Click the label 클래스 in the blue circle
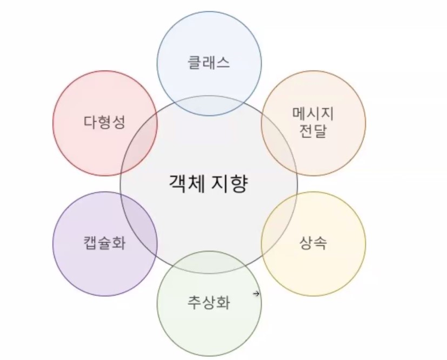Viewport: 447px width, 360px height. coord(209,62)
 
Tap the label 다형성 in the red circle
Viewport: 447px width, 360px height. coord(104,122)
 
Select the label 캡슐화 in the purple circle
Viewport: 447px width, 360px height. coord(104,243)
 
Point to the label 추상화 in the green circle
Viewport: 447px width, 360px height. coord(209,302)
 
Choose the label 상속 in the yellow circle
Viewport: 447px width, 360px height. coord(313,243)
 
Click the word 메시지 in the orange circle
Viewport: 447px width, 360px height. coord(313,114)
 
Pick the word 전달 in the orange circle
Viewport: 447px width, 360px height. coord(313,131)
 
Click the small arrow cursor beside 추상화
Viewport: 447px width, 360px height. coord(256,294)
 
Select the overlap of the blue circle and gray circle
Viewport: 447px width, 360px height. coord(209,105)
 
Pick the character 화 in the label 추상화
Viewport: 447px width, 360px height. coord(223,302)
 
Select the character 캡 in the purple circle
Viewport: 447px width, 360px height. coord(90,243)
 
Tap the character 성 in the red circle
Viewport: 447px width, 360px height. coord(118,122)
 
